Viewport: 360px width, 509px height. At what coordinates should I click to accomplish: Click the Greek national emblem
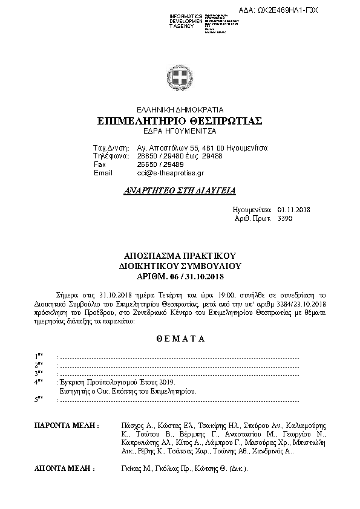(180, 79)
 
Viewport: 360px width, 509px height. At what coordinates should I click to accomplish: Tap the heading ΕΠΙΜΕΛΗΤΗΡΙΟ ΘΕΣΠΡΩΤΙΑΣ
(180, 121)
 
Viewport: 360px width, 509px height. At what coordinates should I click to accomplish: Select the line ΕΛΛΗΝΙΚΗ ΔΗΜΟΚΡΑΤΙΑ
(180, 110)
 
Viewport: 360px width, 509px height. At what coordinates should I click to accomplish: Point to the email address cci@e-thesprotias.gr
(163, 173)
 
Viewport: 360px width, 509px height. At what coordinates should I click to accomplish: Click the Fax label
(100, 164)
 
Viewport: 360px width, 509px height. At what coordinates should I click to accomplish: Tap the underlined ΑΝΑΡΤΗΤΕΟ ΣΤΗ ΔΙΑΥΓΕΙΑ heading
(179, 190)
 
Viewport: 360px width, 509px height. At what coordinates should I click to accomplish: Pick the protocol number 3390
(284, 218)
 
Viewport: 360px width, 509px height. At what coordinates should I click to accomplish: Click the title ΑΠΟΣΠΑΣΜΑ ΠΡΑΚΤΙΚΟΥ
(180, 256)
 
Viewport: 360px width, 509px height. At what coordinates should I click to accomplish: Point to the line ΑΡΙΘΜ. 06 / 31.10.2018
(180, 276)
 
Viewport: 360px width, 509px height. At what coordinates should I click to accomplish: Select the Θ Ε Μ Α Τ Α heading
(180, 339)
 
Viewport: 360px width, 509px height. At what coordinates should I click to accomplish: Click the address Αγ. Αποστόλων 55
(166, 148)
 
